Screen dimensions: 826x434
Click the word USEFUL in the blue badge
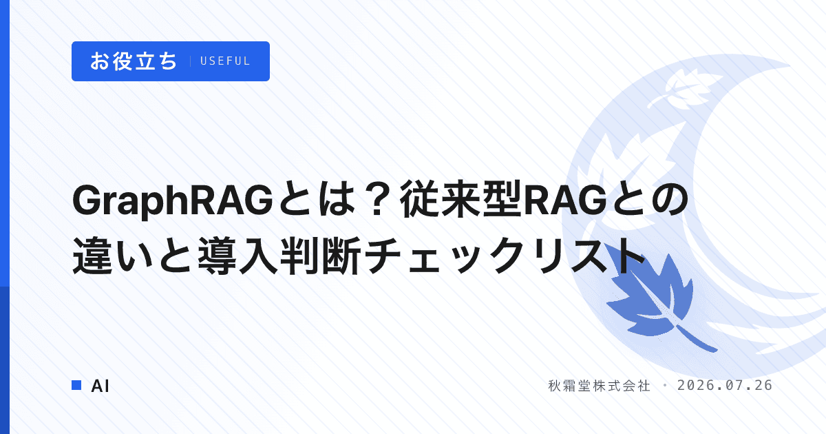(x=225, y=61)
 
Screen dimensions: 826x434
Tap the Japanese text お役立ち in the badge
(x=134, y=61)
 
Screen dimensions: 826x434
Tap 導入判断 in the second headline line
(x=279, y=256)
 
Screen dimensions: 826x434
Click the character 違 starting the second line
(x=92, y=256)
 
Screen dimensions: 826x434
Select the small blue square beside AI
(x=76, y=385)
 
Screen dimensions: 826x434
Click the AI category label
(x=100, y=386)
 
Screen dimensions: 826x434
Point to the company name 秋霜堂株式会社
(x=599, y=386)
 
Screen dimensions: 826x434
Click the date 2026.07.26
(x=725, y=386)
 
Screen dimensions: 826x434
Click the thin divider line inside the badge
(x=190, y=61)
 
